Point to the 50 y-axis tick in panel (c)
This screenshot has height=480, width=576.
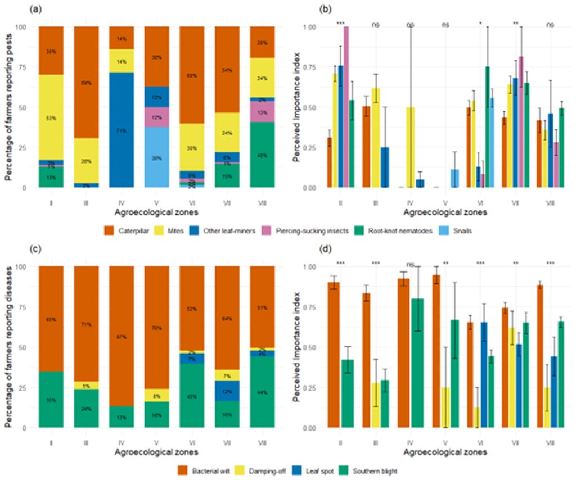tap(25, 347)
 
